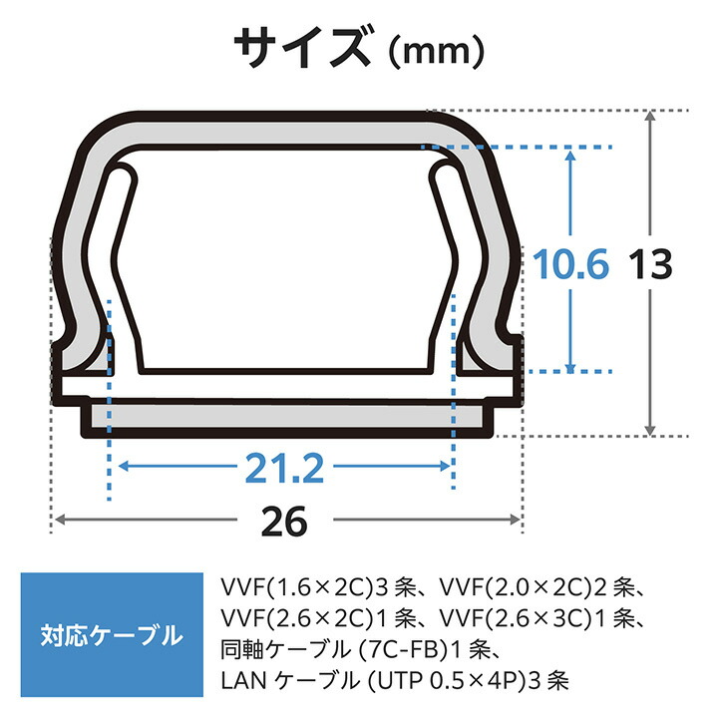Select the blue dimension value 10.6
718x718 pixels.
coord(568,265)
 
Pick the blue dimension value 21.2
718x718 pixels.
coord(285,466)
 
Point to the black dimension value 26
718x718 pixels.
coord(286,520)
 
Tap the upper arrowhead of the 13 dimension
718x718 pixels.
coord(652,118)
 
